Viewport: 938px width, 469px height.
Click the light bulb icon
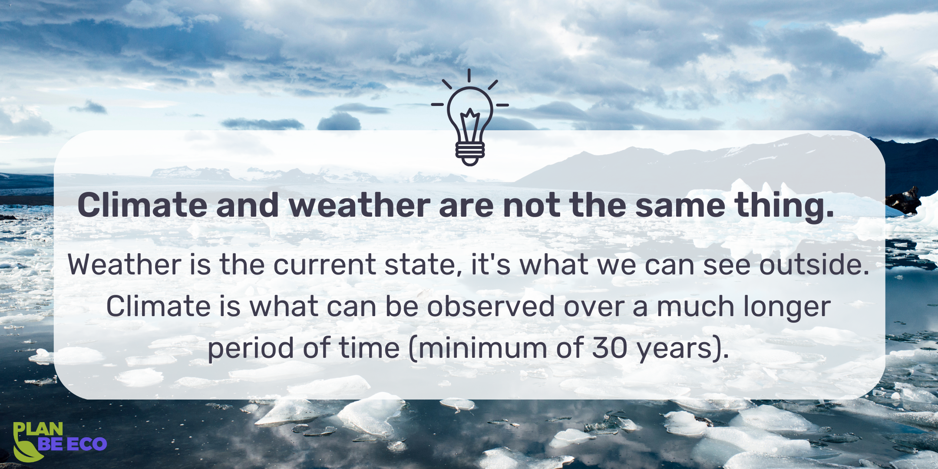(469, 117)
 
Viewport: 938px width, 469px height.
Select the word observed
(491, 306)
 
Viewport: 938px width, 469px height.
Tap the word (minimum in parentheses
(478, 348)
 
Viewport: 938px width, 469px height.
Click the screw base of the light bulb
(469, 152)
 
